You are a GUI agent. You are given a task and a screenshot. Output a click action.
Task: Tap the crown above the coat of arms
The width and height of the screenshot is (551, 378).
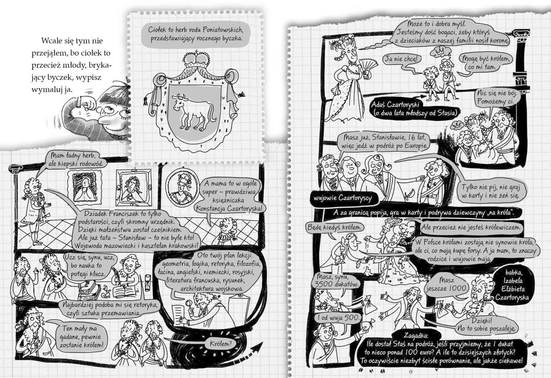[x=196, y=60]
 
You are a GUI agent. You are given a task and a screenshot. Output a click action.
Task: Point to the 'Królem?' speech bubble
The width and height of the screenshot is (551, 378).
[x=221, y=344]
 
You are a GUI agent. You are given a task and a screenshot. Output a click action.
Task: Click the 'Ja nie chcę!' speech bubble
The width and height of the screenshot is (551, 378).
[x=402, y=59]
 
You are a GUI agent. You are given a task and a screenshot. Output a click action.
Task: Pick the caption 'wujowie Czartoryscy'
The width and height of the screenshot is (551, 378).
[x=343, y=198]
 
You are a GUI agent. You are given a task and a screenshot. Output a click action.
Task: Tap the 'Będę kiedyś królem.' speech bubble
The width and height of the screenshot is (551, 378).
[x=335, y=227]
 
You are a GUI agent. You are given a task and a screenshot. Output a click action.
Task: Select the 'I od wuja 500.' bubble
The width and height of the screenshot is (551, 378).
[x=338, y=318]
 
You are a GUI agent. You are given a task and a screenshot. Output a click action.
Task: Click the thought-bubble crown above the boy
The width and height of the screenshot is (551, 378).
[x=440, y=52]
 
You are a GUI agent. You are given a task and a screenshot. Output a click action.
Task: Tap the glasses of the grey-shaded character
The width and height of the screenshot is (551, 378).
[x=115, y=111]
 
